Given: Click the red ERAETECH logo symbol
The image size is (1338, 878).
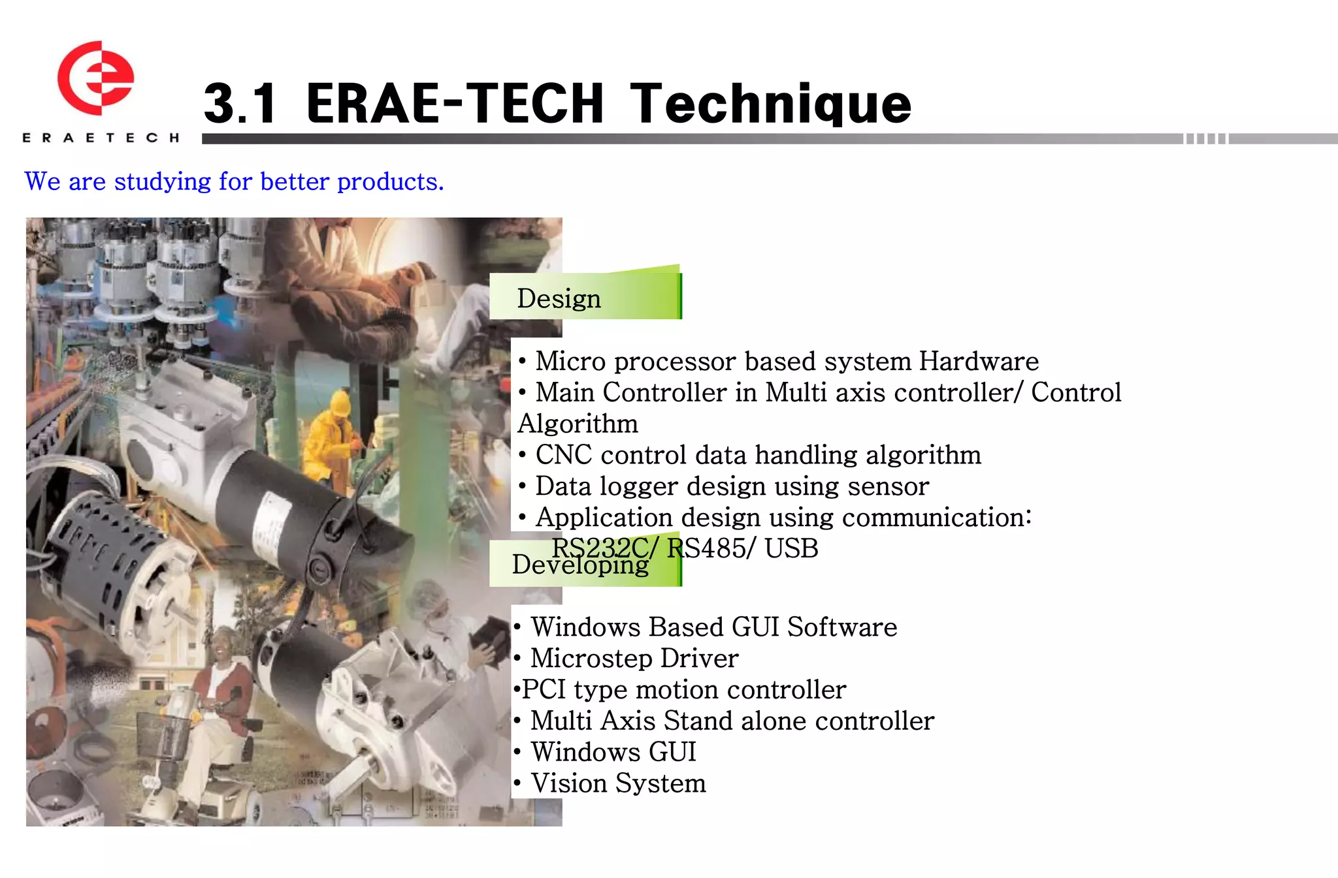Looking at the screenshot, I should coord(95,78).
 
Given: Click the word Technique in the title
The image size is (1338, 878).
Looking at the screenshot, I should coord(771,104).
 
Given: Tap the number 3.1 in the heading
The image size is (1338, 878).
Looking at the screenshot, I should coord(240,104).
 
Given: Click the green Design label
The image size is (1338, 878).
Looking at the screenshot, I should coord(585,297).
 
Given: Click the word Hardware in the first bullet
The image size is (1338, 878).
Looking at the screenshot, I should coord(979,361).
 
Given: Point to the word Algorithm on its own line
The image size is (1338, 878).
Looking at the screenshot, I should coord(578,424).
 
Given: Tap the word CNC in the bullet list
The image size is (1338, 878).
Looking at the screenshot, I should coord(563,455).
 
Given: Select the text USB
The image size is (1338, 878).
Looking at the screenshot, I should coord(791,548).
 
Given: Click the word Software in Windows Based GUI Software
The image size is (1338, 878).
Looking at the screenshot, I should coord(842,627).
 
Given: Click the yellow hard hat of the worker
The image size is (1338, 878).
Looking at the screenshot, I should coord(340,401).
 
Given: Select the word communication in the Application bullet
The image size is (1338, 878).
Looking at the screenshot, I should coord(936,518).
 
